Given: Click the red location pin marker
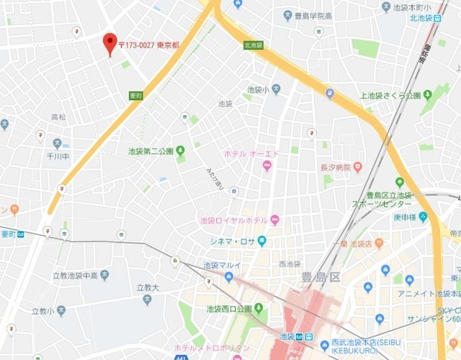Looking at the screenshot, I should point(109,42).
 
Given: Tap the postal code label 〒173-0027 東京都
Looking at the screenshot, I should point(148,45).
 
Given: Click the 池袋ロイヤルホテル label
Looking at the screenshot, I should point(233,220).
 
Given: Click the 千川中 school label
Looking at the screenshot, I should point(59,155).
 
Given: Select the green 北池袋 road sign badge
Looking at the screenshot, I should point(253,45).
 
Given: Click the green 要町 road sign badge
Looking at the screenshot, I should point(136,95).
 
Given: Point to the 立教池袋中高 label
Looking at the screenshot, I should point(72,274).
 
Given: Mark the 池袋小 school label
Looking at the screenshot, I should point(257,89).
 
